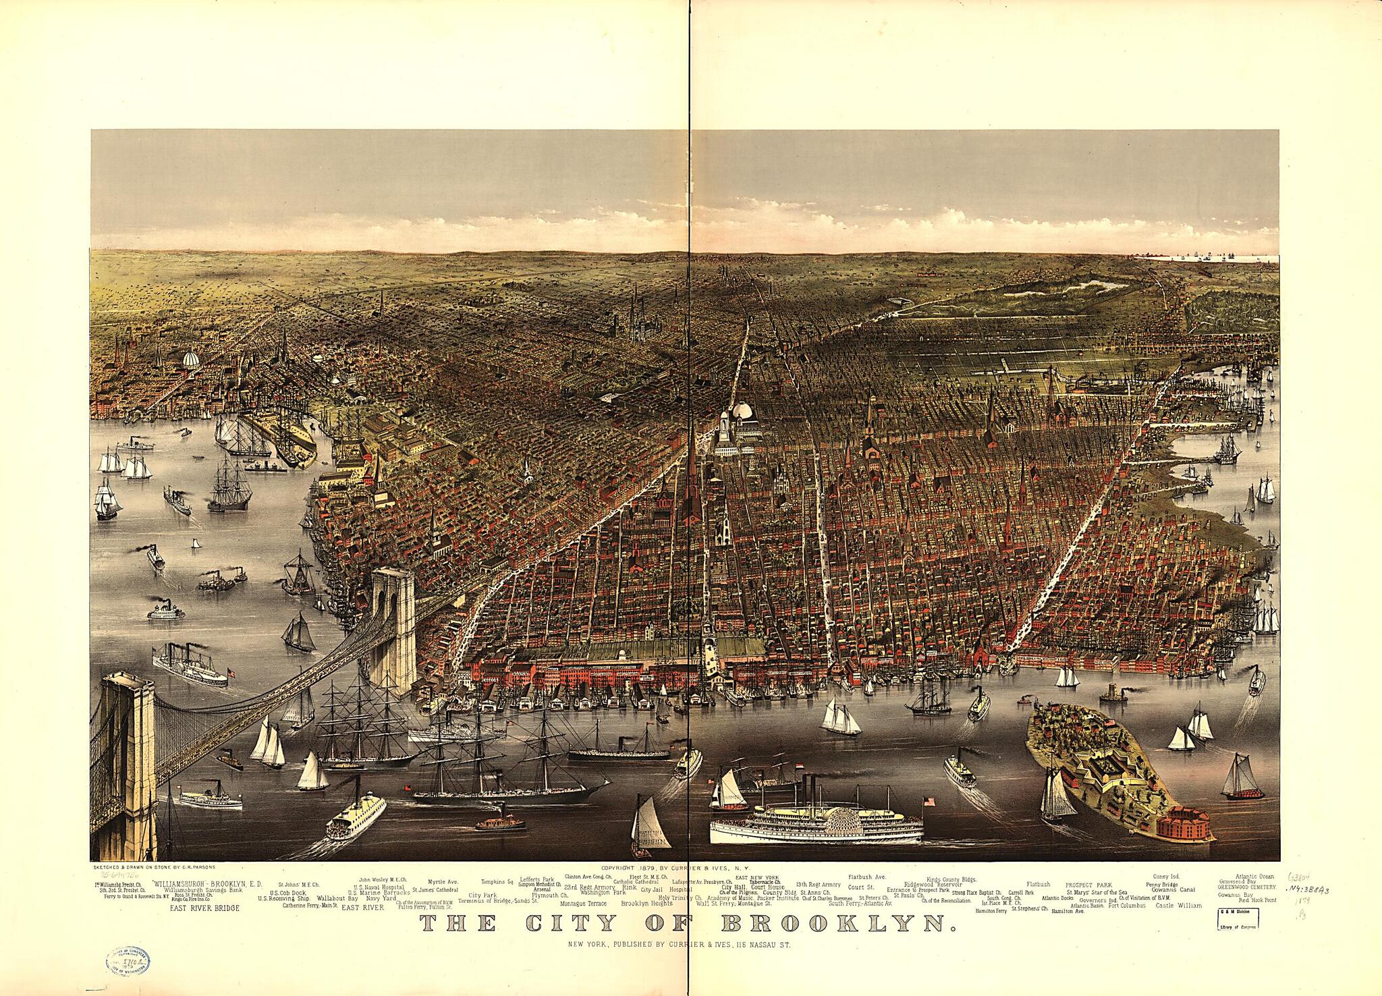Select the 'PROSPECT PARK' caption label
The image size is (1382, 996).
pyautogui.click(x=1088, y=884)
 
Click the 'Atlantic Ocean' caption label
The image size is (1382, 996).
pyautogui.click(x=1254, y=877)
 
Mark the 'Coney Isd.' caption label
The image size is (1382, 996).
pyautogui.click(x=1165, y=877)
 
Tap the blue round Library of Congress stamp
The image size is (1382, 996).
pyautogui.click(x=128, y=960)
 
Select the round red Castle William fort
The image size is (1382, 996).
pyautogui.click(x=1182, y=823)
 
